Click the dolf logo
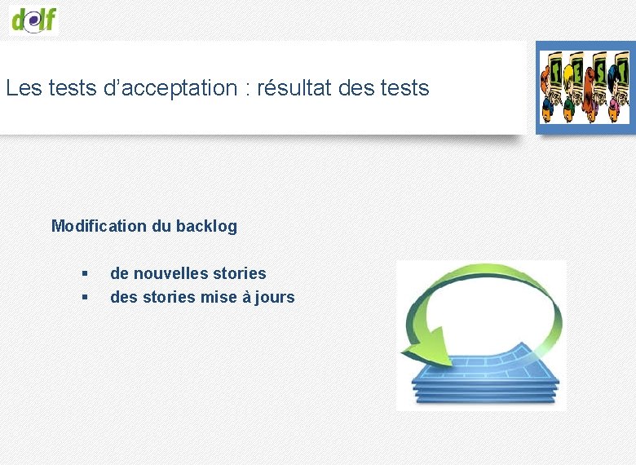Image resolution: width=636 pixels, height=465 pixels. (34, 18)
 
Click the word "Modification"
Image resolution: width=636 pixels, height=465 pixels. (99, 226)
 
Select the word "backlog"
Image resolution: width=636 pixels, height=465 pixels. (207, 226)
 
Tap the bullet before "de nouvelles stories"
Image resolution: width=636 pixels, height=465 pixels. (84, 274)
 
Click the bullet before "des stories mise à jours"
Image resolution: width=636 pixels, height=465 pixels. (84, 298)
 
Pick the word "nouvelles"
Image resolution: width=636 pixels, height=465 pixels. (169, 273)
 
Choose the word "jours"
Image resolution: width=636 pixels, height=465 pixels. (275, 298)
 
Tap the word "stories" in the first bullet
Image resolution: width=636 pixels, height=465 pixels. (239, 273)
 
